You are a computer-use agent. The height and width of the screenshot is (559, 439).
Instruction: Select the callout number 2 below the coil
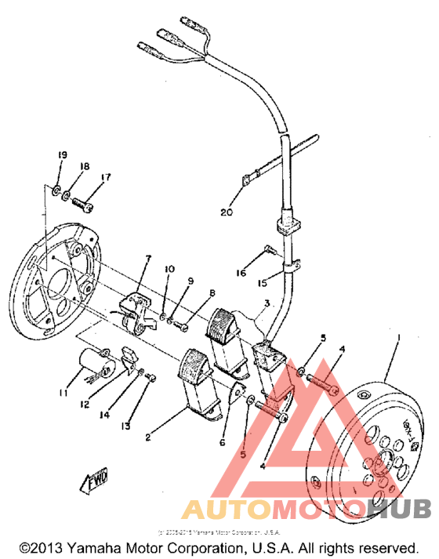[x=150, y=430]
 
